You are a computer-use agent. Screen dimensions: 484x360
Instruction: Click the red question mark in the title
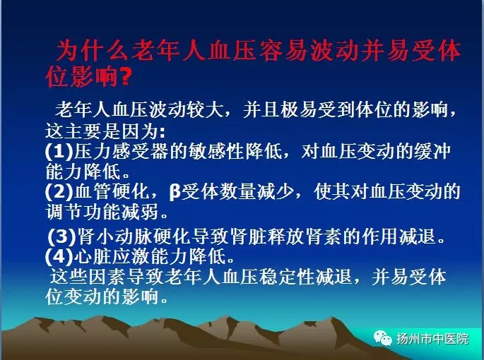point(124,76)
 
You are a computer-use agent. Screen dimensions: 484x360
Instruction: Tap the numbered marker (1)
point(59,151)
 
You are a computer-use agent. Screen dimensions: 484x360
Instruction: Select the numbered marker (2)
point(59,191)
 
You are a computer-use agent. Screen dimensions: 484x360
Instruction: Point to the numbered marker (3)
point(62,236)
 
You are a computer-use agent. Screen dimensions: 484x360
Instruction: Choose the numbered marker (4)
point(59,256)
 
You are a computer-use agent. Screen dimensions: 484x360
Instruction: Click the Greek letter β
point(175,192)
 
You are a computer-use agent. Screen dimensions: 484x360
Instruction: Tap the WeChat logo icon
point(382,337)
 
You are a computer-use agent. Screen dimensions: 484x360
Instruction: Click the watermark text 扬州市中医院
point(432,339)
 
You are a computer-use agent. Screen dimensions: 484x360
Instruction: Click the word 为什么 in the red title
point(93,51)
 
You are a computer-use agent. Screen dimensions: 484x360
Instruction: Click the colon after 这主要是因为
point(163,133)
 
